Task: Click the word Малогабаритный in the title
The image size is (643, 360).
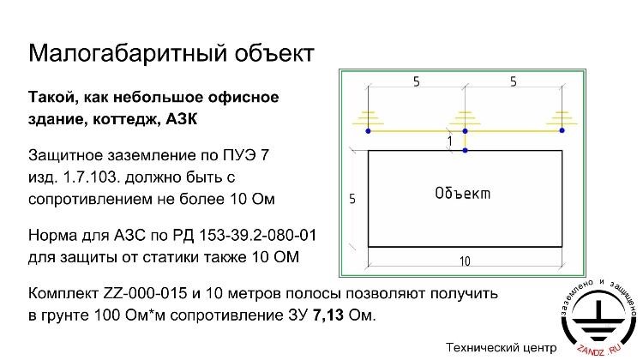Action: click(x=127, y=53)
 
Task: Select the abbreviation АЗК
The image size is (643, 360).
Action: click(x=181, y=119)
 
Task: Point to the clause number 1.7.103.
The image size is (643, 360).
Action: click(x=91, y=177)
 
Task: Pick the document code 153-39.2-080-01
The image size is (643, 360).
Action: click(x=257, y=236)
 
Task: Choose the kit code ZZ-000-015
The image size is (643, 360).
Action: click(x=145, y=293)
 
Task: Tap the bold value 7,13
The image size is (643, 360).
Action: click(x=328, y=315)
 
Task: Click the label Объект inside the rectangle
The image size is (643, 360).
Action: click(x=463, y=193)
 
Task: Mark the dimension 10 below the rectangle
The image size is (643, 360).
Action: click(x=465, y=261)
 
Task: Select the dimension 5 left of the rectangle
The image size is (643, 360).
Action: click(x=352, y=199)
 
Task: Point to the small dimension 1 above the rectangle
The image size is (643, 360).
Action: click(x=450, y=141)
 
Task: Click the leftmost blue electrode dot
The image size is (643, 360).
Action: click(x=368, y=131)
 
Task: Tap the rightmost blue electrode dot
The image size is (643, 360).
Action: click(x=562, y=130)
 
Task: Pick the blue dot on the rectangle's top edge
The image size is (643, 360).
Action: click(x=465, y=151)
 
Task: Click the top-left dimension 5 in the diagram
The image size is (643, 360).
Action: click(x=417, y=82)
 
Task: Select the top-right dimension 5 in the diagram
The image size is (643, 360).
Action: click(x=514, y=82)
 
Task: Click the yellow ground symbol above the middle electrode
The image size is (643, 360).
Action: click(x=465, y=118)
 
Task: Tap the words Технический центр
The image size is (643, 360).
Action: click(x=502, y=348)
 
